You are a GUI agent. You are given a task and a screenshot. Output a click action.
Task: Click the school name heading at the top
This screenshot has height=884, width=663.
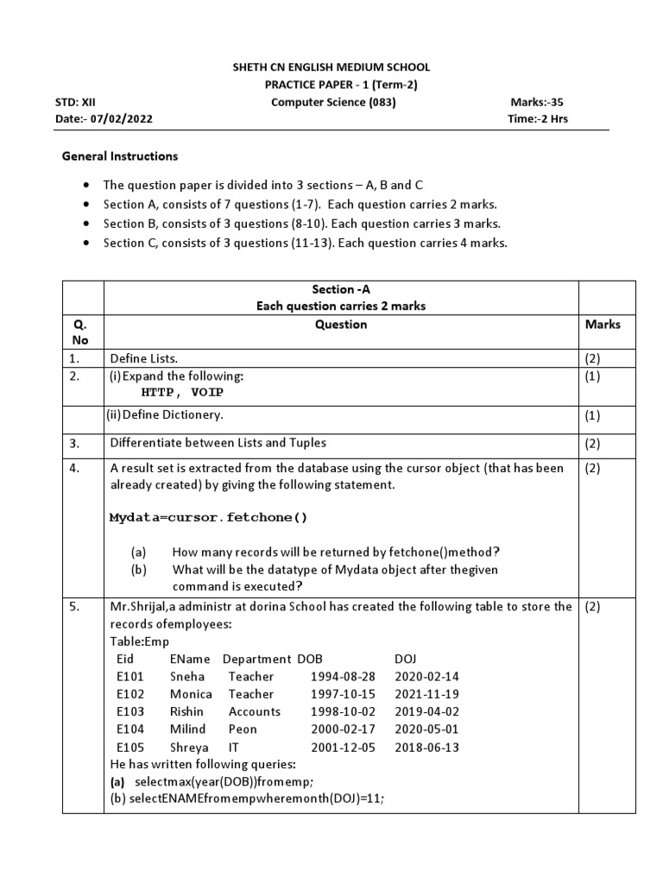(x=332, y=66)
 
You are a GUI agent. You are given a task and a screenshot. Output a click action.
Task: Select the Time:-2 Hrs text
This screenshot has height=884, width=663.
(x=538, y=118)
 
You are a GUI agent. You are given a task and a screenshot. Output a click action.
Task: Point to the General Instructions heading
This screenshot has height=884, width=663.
(x=120, y=156)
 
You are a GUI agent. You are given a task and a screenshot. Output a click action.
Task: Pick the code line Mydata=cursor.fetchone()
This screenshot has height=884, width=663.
(x=208, y=517)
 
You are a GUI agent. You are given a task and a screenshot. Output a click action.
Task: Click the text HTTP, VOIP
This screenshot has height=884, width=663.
(x=187, y=392)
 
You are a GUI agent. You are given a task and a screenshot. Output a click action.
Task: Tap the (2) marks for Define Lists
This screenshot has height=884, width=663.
(x=593, y=357)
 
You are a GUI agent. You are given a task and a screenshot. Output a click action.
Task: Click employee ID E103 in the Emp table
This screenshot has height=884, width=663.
(x=129, y=711)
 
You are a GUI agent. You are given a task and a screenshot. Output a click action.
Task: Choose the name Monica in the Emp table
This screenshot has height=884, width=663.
(x=191, y=694)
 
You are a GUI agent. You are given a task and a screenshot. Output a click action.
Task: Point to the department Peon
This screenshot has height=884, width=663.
(x=243, y=729)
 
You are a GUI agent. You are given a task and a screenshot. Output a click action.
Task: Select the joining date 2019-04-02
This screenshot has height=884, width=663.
(x=426, y=711)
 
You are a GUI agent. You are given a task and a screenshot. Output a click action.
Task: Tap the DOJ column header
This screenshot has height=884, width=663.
(x=405, y=659)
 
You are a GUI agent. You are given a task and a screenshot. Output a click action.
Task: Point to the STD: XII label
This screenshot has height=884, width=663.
(x=75, y=101)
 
